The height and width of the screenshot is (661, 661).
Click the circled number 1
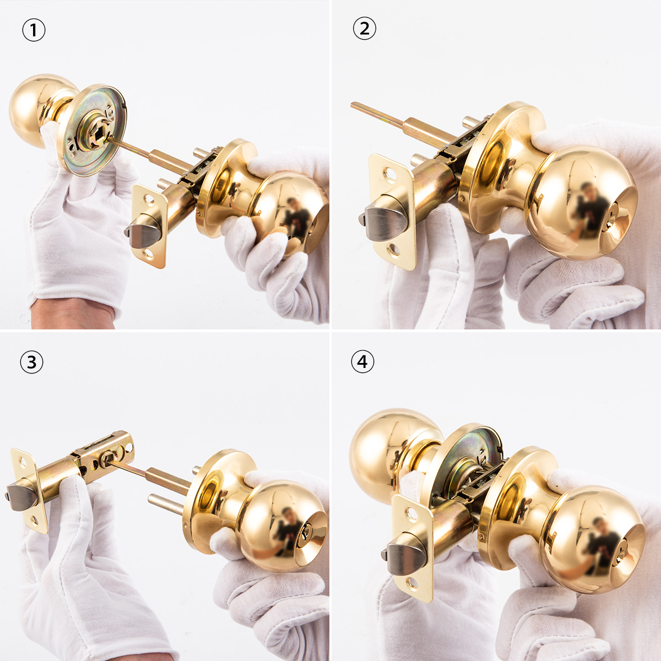click(x=34, y=30)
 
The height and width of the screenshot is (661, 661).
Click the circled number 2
click(x=364, y=28)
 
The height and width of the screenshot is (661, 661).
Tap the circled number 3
click(x=31, y=362)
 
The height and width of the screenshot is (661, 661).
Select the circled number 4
click(x=362, y=362)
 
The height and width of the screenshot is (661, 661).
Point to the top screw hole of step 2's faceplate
click(x=389, y=173)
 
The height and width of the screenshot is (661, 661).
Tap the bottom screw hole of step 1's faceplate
click(x=149, y=254)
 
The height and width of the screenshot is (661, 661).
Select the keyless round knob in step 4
click(x=394, y=449)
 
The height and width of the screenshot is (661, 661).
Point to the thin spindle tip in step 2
click(x=353, y=104)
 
